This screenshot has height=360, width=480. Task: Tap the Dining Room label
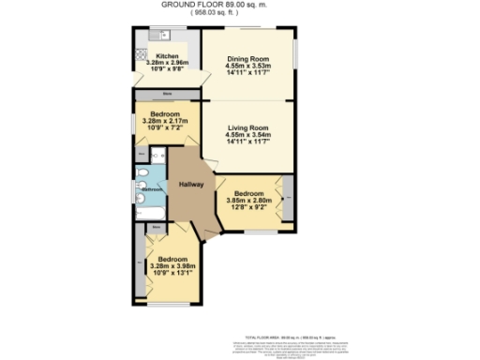pyautogui.click(x=248, y=58)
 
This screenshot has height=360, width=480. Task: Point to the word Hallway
pyautogui.click(x=191, y=184)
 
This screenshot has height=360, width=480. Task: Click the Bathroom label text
pyautogui.click(x=153, y=189)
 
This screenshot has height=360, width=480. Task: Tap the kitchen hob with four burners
pyautogui.click(x=142, y=51)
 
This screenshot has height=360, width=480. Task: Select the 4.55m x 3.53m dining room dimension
pyautogui.click(x=248, y=67)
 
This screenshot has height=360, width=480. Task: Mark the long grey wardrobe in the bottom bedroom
pyautogui.click(x=140, y=267)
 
